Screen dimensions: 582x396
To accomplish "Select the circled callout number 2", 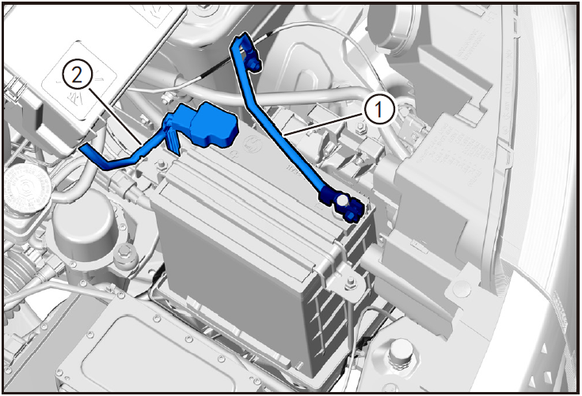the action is point(78,76).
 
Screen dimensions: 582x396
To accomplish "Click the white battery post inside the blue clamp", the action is point(341,201).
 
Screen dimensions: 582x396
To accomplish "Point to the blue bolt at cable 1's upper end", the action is point(254,66).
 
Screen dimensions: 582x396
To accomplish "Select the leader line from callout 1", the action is point(324,122).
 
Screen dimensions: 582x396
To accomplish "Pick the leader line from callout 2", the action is point(115,116).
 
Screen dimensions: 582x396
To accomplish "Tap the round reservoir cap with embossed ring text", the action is point(28,186).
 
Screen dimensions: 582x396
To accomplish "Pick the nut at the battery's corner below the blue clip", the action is point(162,165).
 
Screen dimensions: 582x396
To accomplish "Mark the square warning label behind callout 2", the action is point(79,81).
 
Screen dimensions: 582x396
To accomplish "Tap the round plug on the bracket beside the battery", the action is point(462,287).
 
